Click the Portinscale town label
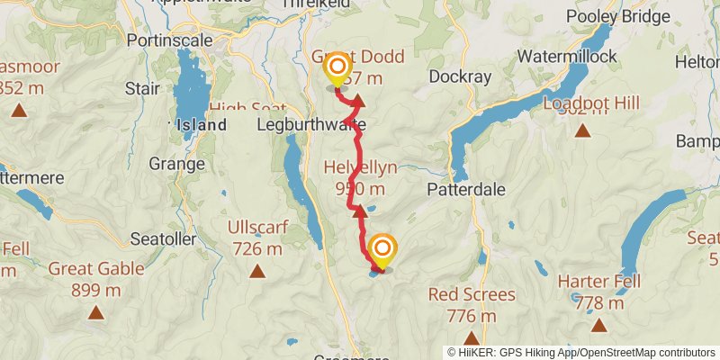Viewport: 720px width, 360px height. click(x=168, y=40)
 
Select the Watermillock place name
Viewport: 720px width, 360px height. click(x=567, y=57)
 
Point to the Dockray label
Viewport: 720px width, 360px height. click(x=461, y=76)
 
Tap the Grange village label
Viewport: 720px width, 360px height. click(x=177, y=165)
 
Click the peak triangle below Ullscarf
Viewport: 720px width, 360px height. click(x=257, y=270)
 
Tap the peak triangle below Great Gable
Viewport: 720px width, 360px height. click(x=95, y=312)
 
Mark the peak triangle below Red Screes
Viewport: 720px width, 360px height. click(x=472, y=338)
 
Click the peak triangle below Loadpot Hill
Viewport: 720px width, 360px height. click(x=582, y=130)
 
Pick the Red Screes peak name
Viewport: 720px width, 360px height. click(x=472, y=294)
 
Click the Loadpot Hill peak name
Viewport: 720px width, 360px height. click(x=591, y=103)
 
